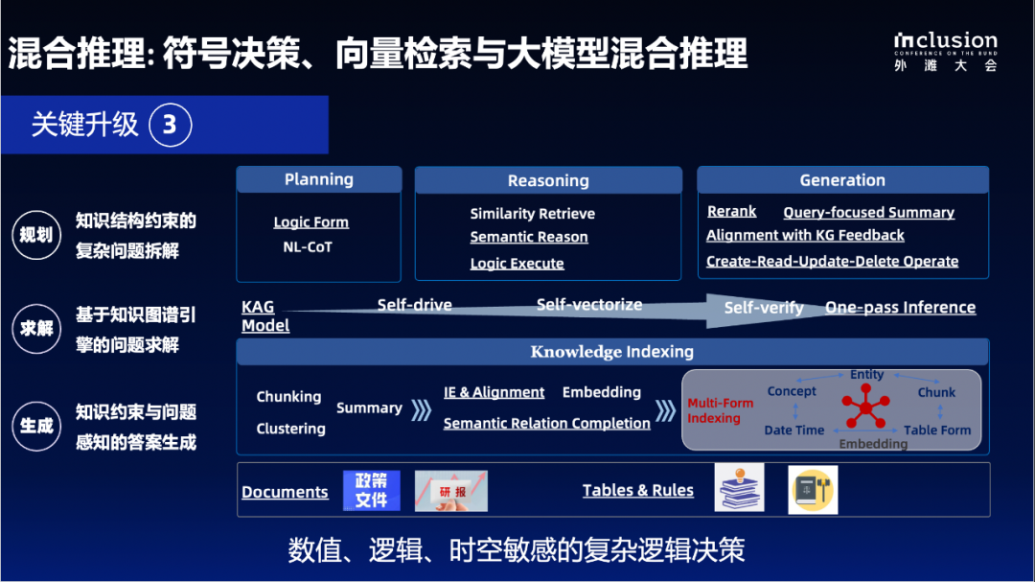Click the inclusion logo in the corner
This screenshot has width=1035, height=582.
[x=945, y=51]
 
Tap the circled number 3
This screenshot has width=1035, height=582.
[x=170, y=125]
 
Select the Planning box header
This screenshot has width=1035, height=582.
[x=318, y=179]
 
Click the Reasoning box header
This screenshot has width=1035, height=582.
[x=547, y=180]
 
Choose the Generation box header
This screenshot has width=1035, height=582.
[x=841, y=179]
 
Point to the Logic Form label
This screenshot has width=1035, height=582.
[x=310, y=221]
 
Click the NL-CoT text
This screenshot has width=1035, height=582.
[x=307, y=247]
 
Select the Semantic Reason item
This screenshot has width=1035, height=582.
[x=529, y=237]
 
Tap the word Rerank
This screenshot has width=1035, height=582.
[x=731, y=211]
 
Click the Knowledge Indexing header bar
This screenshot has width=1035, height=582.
[x=611, y=352]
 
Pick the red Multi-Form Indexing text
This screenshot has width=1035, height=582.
[x=720, y=410]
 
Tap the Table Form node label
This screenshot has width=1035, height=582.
[x=936, y=431]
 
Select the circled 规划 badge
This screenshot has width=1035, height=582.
[x=36, y=235]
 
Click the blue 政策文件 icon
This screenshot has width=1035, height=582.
[x=371, y=490]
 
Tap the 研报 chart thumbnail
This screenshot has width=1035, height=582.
[x=450, y=490]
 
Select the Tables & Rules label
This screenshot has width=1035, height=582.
[x=637, y=490]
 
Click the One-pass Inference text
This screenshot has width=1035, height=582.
[x=900, y=308]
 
